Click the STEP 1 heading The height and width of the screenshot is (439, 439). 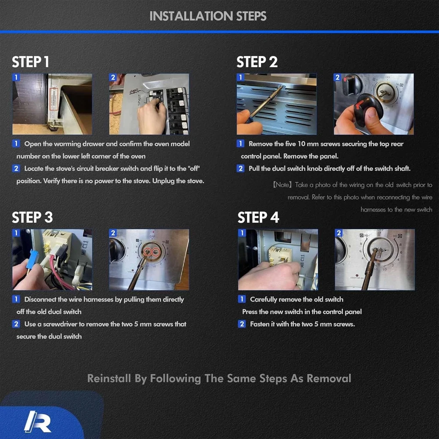pyautogui.click(x=30, y=62)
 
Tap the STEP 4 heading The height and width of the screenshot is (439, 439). pyautogui.click(x=258, y=218)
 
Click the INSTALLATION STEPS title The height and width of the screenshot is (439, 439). pyautogui.click(x=208, y=16)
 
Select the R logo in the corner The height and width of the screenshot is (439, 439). pyautogui.click(x=38, y=421)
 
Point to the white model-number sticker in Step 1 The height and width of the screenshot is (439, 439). pyautogui.click(x=54, y=99)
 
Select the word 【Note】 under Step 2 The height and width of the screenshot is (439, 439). pyautogui.click(x=282, y=185)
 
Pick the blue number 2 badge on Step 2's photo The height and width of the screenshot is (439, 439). pyautogui.click(x=337, y=77)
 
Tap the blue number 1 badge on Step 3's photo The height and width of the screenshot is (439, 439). pyautogui.click(x=16, y=233)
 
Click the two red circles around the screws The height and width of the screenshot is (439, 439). pyautogui.click(x=152, y=252)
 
